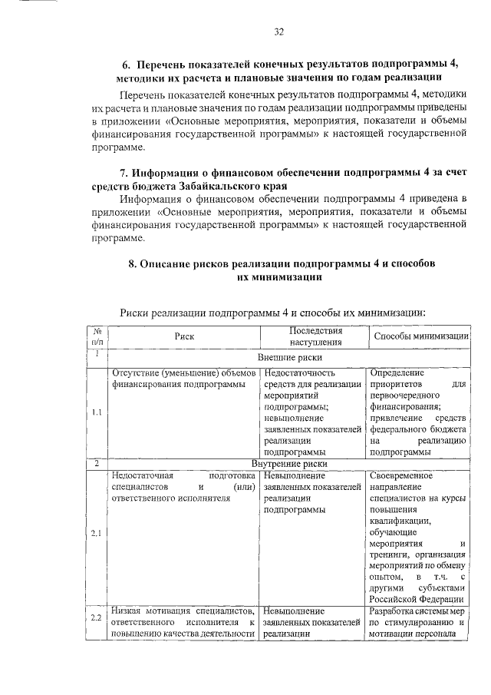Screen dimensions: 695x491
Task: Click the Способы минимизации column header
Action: [420, 336]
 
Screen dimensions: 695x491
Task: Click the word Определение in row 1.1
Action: [397, 372]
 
